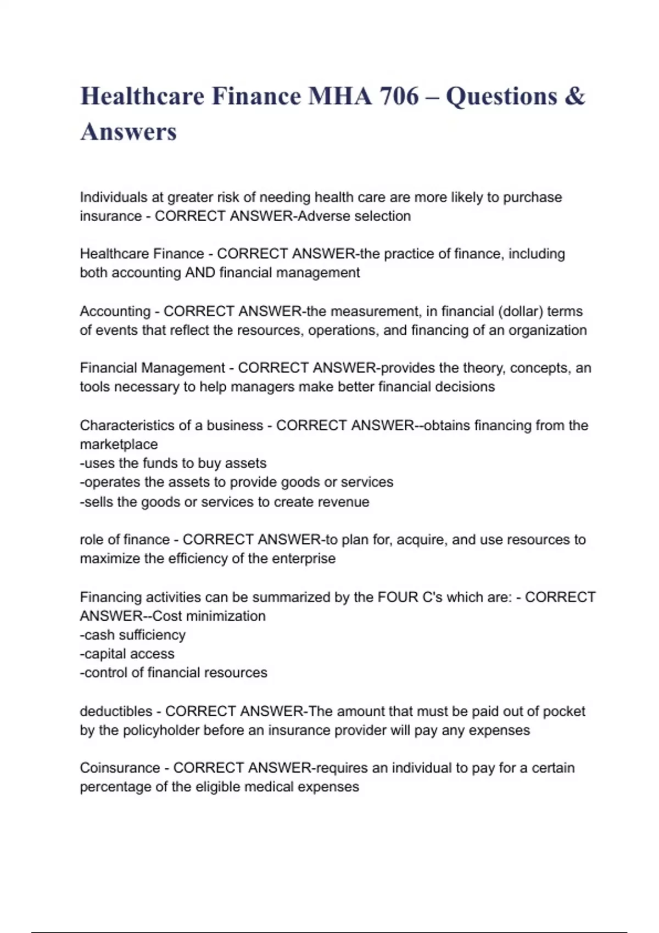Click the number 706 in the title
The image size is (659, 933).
(399, 97)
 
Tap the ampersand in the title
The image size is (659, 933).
(574, 97)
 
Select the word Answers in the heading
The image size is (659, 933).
(129, 132)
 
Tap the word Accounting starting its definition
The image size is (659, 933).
(115, 311)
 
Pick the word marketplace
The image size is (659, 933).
(119, 444)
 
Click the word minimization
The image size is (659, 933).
(225, 616)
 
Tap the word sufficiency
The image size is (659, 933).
(152, 635)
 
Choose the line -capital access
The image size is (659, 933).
(127, 654)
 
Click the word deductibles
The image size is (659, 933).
(116, 711)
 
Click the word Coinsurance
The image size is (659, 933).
(120, 768)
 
